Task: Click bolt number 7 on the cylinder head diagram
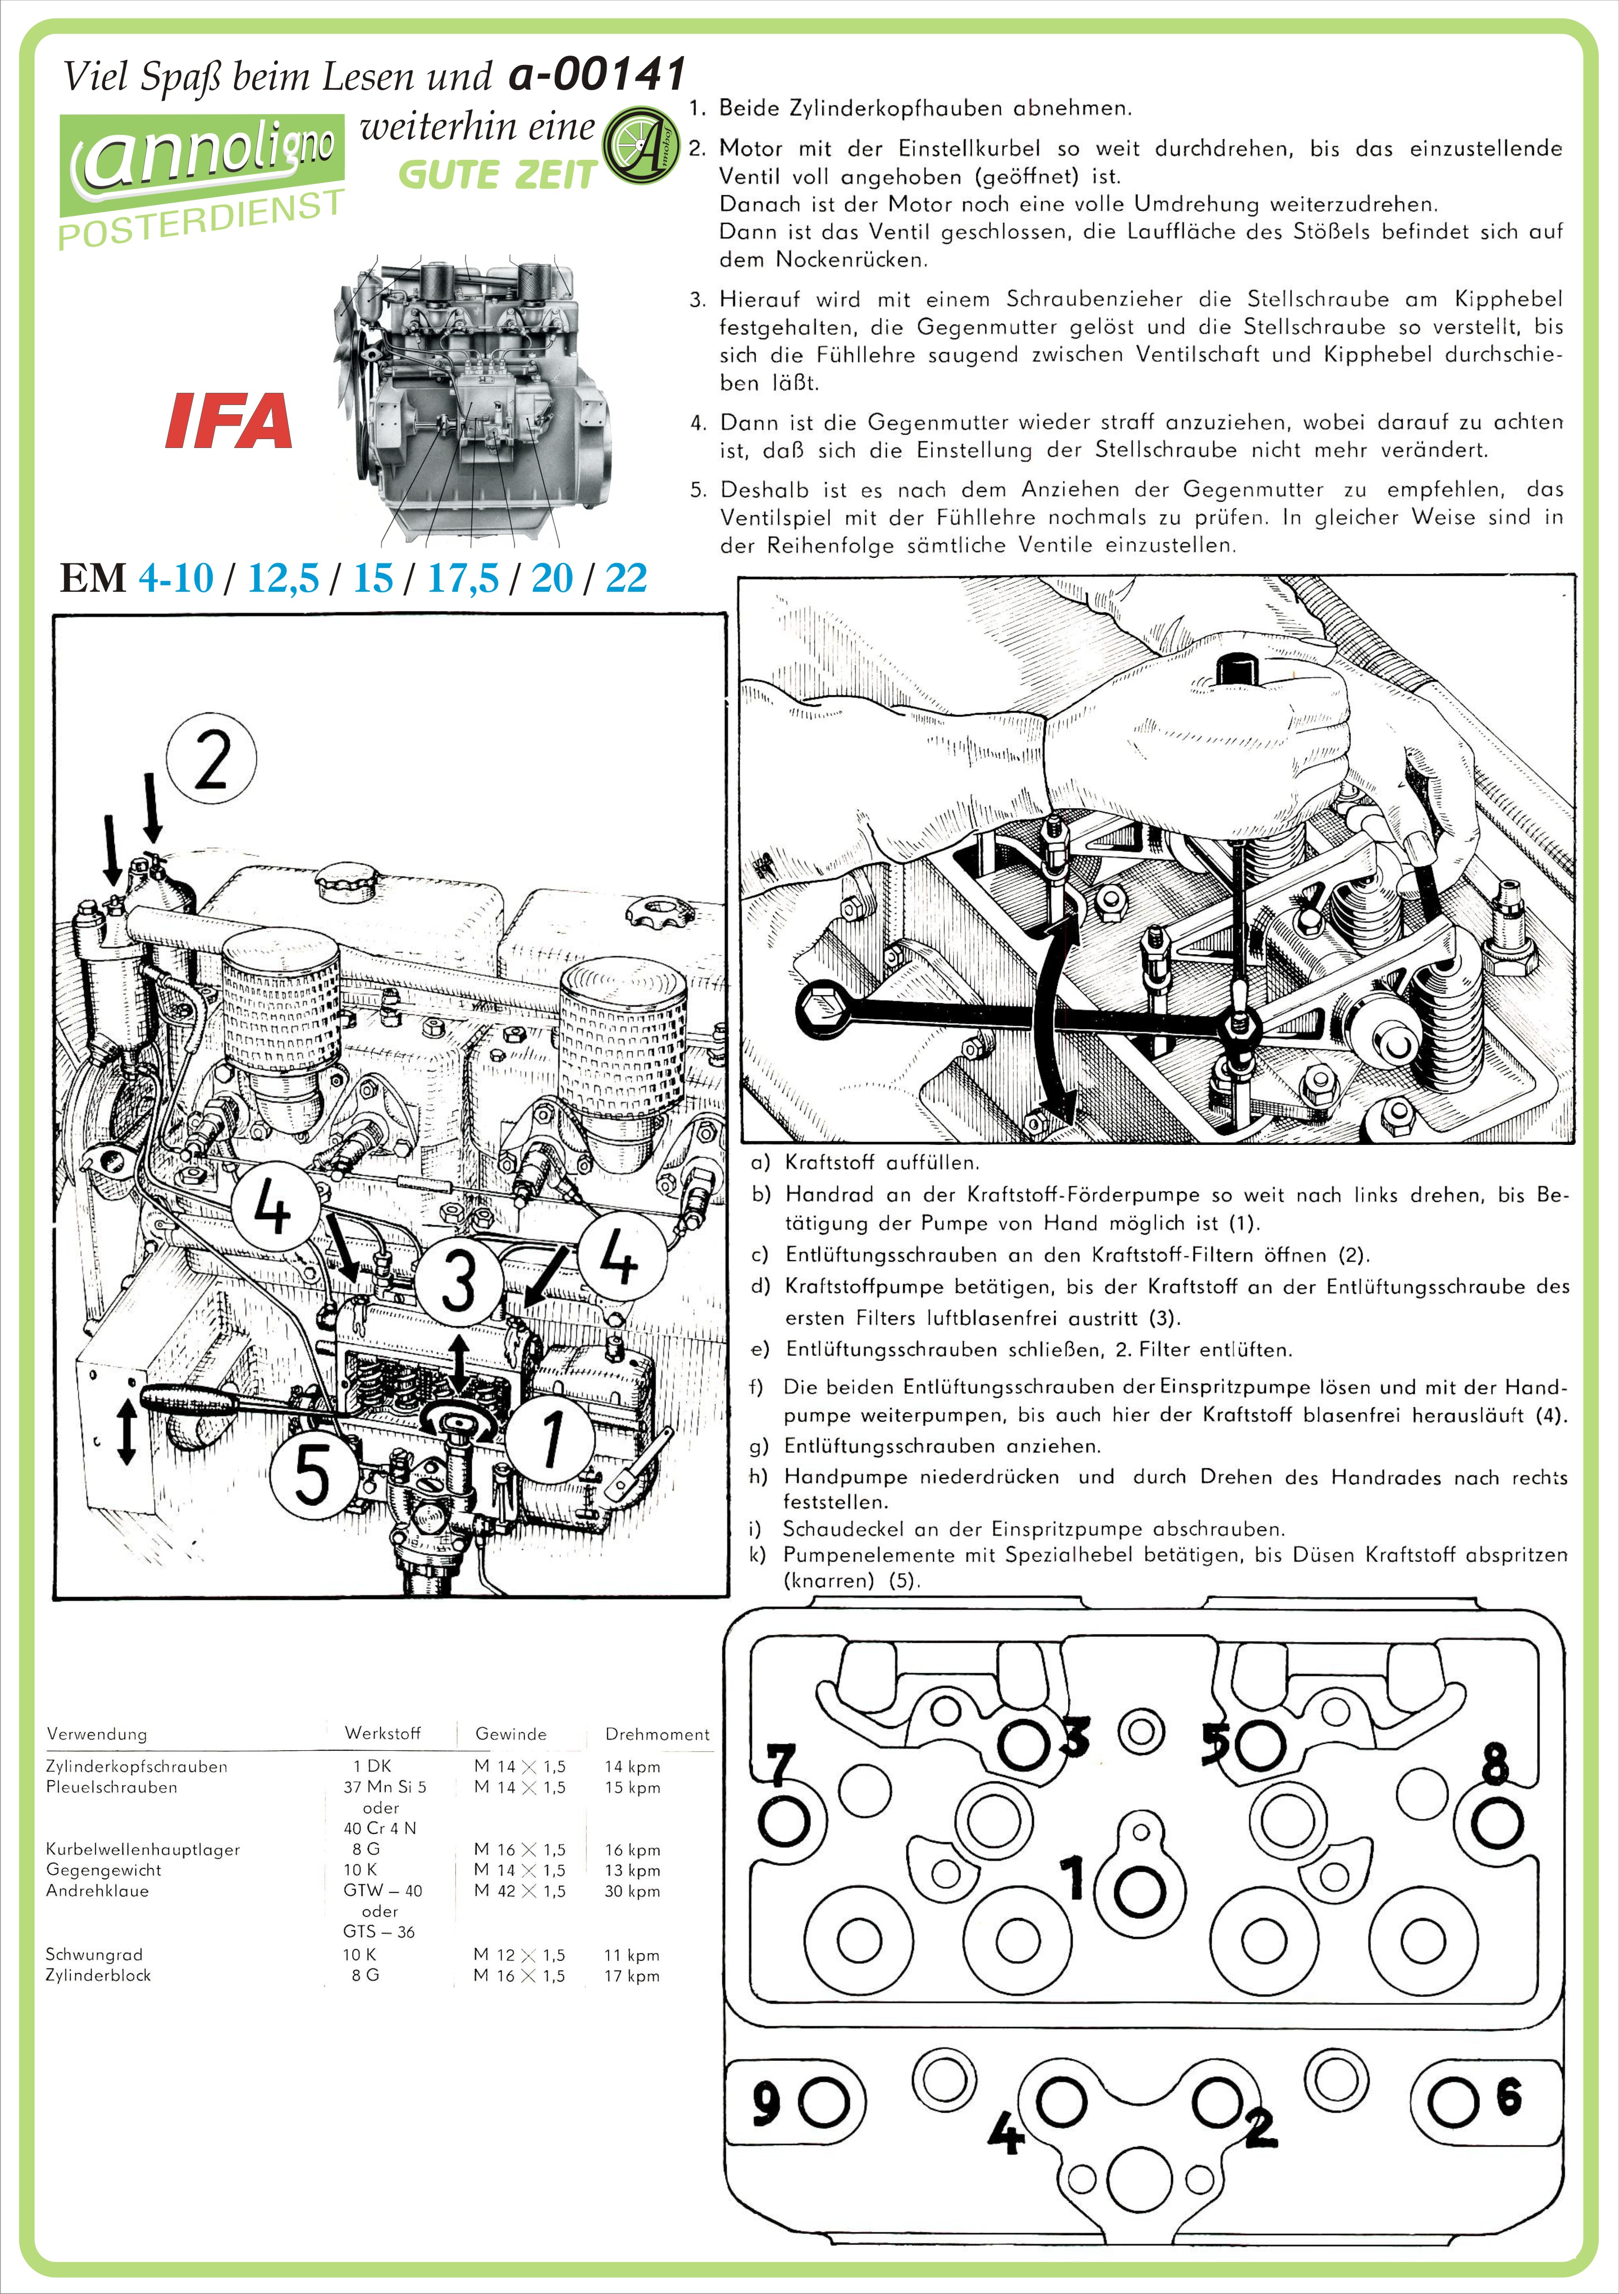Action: click(784, 1820)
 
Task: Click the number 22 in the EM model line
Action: click(626, 577)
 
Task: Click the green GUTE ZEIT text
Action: click(496, 175)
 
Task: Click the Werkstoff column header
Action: click(382, 1733)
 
